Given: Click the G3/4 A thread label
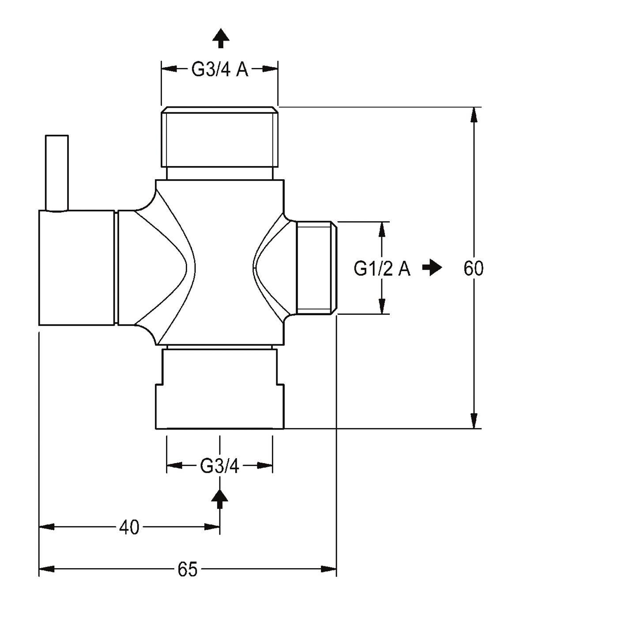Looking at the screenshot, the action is [220, 69].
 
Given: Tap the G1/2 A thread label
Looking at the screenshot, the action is [382, 268].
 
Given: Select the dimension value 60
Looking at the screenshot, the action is [473, 268].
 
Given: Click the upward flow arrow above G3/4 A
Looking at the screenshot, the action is [220, 38].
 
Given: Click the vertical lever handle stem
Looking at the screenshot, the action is [57, 173].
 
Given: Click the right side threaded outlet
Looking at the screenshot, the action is [316, 268].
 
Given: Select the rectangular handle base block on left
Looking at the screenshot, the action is [77, 268].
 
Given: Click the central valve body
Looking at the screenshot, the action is [220, 262].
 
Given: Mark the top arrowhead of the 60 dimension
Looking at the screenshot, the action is [473, 114].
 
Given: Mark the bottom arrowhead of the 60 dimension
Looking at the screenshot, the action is [473, 421].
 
